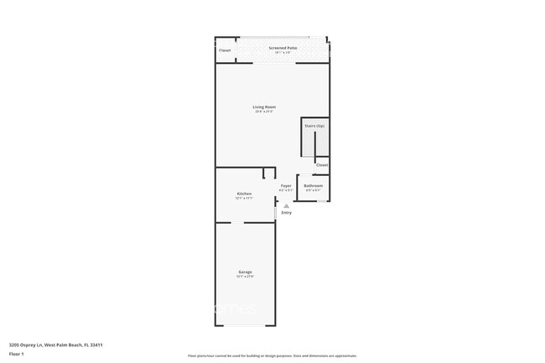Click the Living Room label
click(x=265, y=106)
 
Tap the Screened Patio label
click(x=283, y=48)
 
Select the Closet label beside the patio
click(x=225, y=50)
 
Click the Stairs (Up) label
click(x=314, y=126)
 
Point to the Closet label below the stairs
click(x=322, y=165)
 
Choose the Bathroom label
click(x=313, y=185)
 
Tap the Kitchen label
click(x=244, y=194)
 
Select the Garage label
click(x=245, y=272)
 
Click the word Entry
click(x=287, y=213)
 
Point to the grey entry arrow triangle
click(x=286, y=205)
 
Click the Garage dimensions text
click(x=245, y=277)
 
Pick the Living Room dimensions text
click(x=265, y=111)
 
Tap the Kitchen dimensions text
click(x=244, y=199)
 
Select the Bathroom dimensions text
click(x=313, y=190)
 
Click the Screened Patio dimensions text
click(x=283, y=53)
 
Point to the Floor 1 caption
click(x=17, y=354)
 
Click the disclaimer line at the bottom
click(x=272, y=356)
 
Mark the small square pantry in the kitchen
click(x=268, y=174)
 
